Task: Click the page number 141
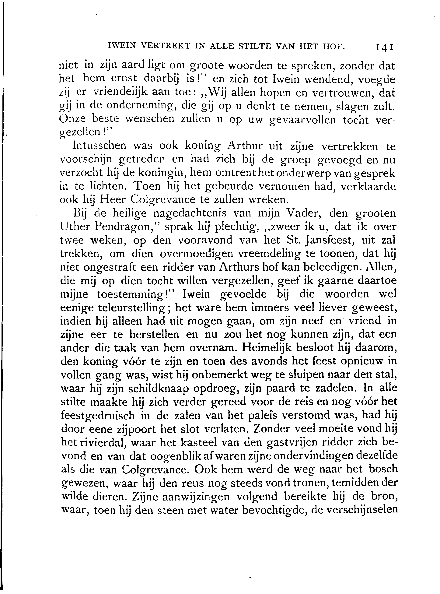point(385,47)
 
